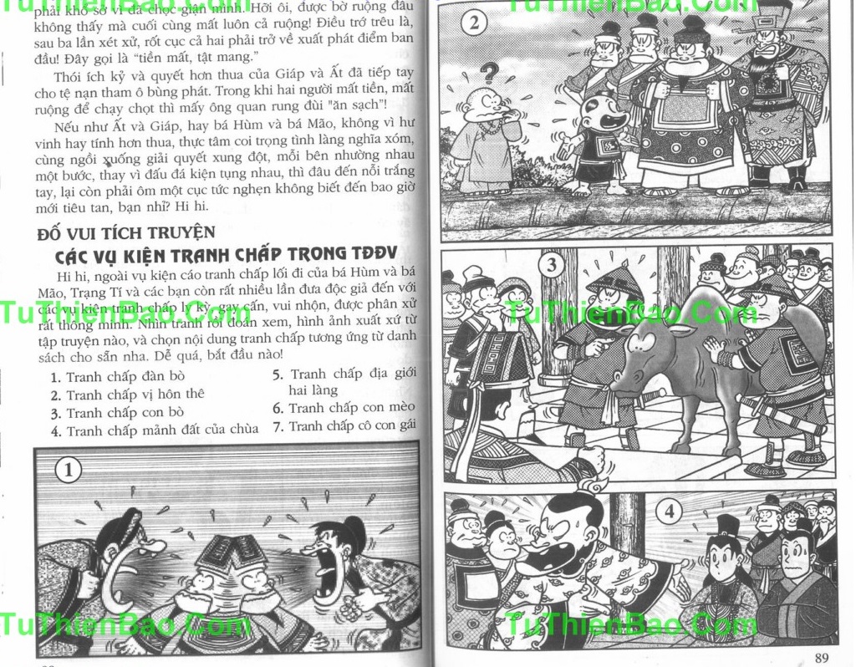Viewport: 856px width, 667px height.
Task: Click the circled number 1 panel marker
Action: click(69, 471)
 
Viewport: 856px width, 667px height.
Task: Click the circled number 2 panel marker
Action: click(475, 23)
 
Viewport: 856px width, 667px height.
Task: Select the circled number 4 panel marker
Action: click(668, 512)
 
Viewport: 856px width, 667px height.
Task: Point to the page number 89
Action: click(822, 656)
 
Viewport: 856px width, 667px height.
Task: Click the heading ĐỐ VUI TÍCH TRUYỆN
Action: click(126, 232)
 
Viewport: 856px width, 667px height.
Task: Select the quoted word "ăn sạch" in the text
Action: click(362, 104)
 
